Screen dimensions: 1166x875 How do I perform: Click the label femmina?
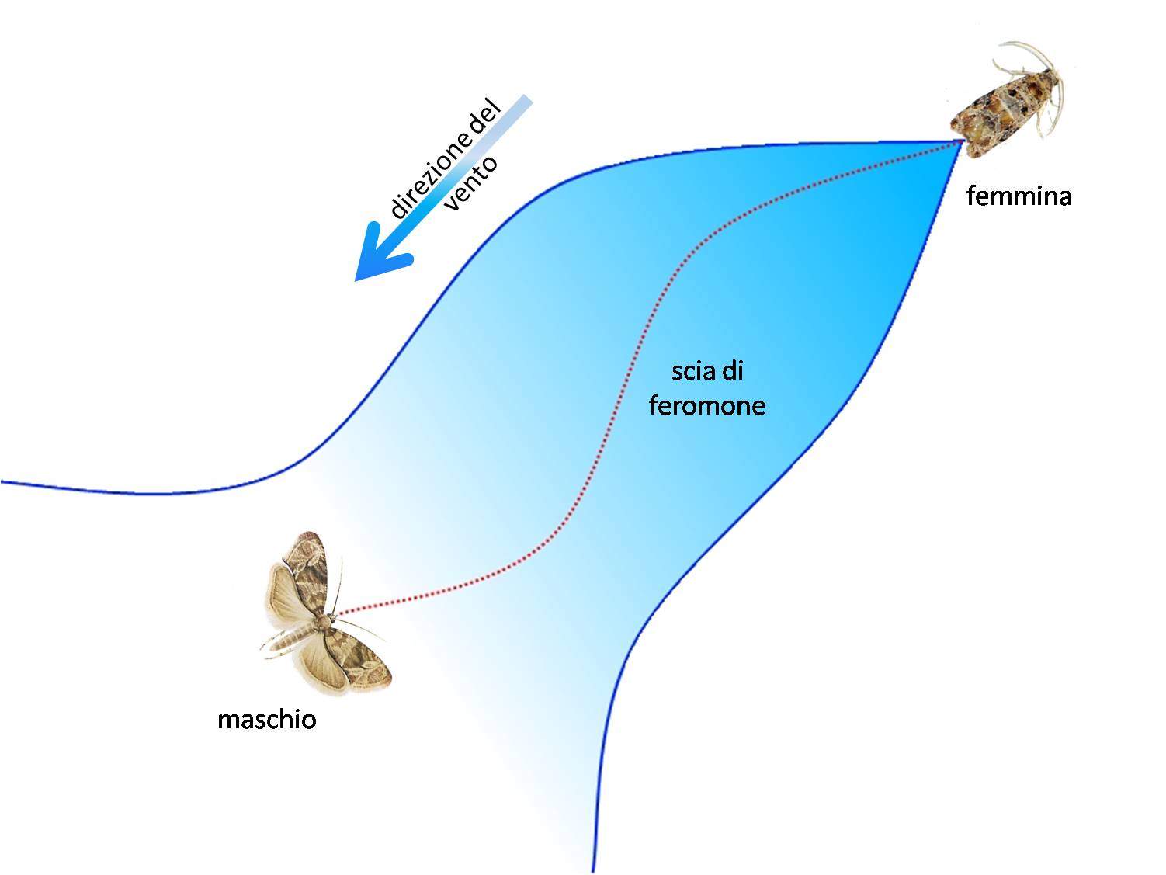point(1019,196)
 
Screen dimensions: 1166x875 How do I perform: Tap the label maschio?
point(267,720)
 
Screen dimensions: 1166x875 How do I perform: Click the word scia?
point(693,371)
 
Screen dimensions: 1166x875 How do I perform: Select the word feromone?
point(707,405)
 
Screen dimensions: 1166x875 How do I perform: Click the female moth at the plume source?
point(1007,101)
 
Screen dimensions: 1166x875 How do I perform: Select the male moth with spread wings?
point(325,613)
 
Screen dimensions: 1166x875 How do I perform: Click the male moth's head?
point(328,618)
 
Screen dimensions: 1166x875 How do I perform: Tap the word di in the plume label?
point(734,371)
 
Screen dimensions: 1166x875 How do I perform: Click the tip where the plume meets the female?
point(962,141)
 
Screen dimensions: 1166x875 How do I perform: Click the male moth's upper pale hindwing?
point(283,592)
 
